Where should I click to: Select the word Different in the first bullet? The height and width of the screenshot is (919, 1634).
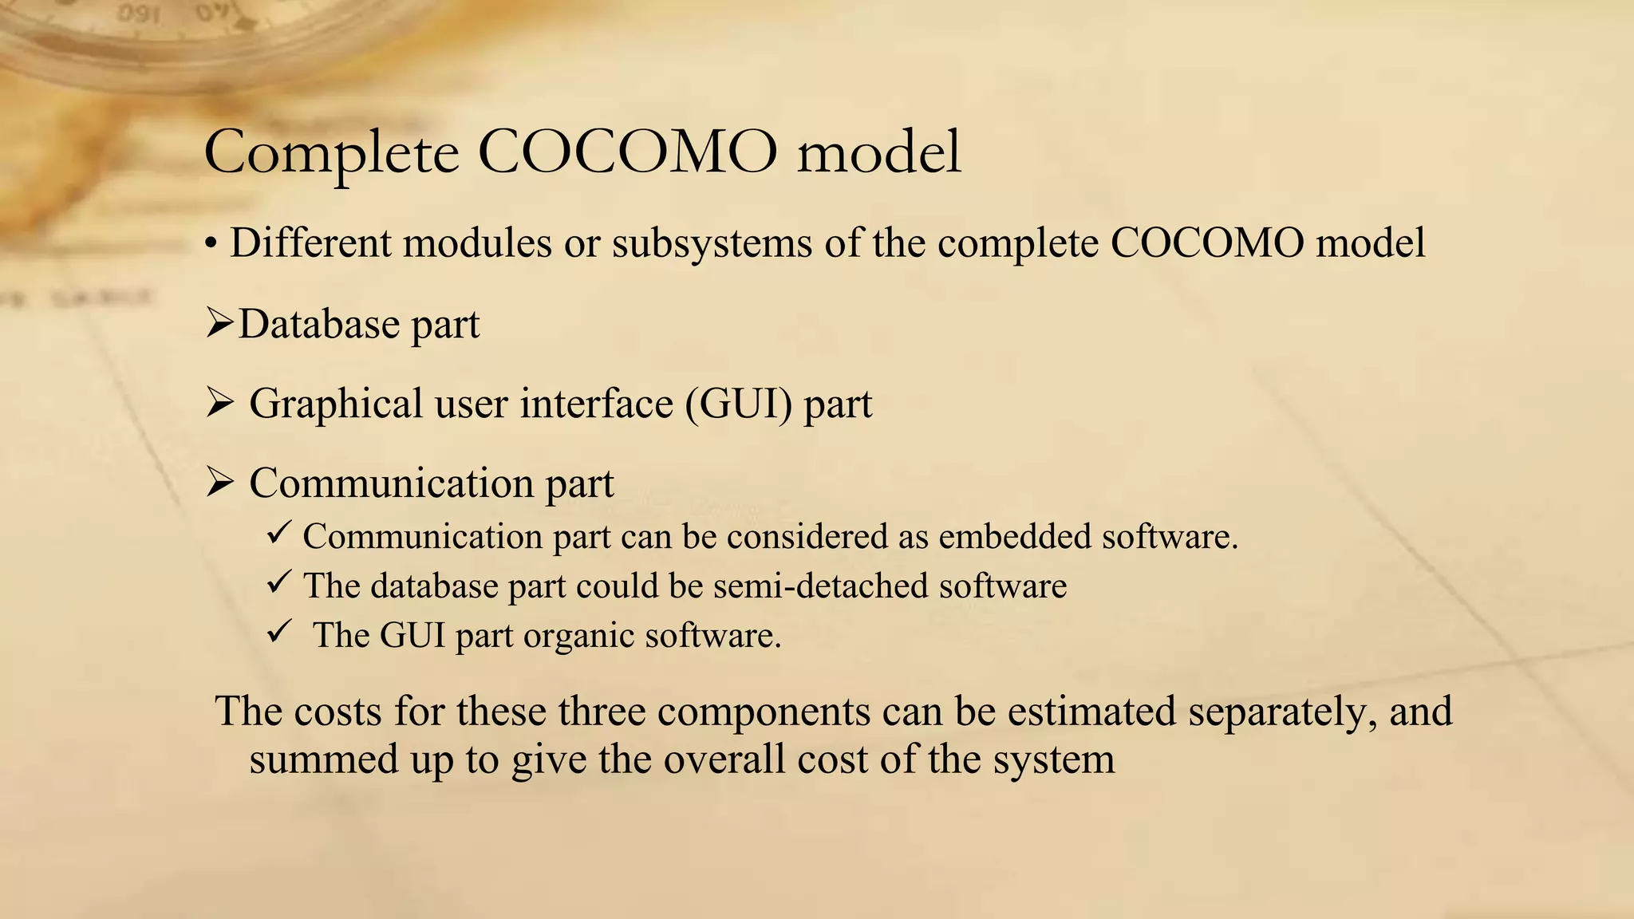[x=311, y=243]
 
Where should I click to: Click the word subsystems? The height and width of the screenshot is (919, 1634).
[x=712, y=243]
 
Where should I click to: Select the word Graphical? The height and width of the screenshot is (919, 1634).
[x=336, y=404]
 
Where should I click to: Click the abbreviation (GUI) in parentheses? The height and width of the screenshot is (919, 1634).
[x=738, y=404]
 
